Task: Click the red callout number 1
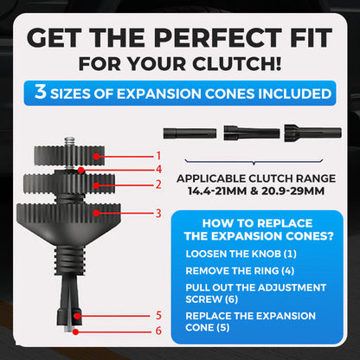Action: (x=158, y=156)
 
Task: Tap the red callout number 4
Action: (x=158, y=170)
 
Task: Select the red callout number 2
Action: (x=158, y=184)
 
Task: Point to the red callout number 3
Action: (x=158, y=213)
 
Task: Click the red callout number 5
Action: (x=158, y=315)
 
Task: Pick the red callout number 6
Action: (x=158, y=331)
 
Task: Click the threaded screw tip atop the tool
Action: (x=69, y=142)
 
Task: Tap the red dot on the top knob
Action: (x=96, y=157)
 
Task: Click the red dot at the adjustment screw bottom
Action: (x=75, y=332)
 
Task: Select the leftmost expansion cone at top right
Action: (x=190, y=133)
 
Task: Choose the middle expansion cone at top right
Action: (x=252, y=133)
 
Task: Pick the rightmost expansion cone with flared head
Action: (x=313, y=133)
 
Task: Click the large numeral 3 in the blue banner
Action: (x=41, y=92)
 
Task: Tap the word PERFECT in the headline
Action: (x=218, y=38)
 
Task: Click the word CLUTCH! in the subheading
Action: (x=237, y=64)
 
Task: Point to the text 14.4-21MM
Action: (x=217, y=191)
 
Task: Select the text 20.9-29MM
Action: (x=292, y=191)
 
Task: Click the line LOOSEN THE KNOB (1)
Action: (x=241, y=254)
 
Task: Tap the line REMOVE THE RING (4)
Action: (x=240, y=271)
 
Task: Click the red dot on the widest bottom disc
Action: (x=96, y=213)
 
